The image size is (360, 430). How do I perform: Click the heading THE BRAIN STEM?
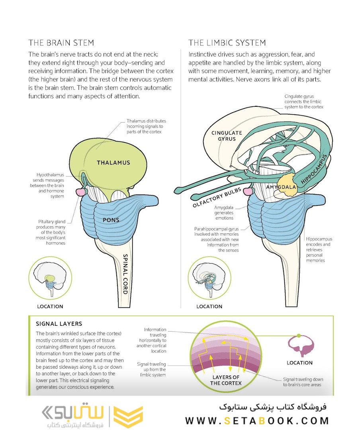[61, 43]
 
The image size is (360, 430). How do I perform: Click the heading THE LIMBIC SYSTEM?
[227, 43]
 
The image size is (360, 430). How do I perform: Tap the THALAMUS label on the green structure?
[113, 162]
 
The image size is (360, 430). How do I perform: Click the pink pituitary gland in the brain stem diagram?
[81, 192]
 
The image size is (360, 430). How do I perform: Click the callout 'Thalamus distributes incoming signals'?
[146, 126]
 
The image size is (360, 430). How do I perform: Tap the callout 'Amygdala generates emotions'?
[224, 213]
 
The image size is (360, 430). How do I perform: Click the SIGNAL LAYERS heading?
[59, 324]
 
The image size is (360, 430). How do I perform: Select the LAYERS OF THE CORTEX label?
[227, 380]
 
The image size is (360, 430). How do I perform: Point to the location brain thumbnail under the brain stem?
[51, 278]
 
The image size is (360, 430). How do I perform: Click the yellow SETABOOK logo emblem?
[128, 416]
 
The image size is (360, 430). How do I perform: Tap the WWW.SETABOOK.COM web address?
[257, 420]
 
